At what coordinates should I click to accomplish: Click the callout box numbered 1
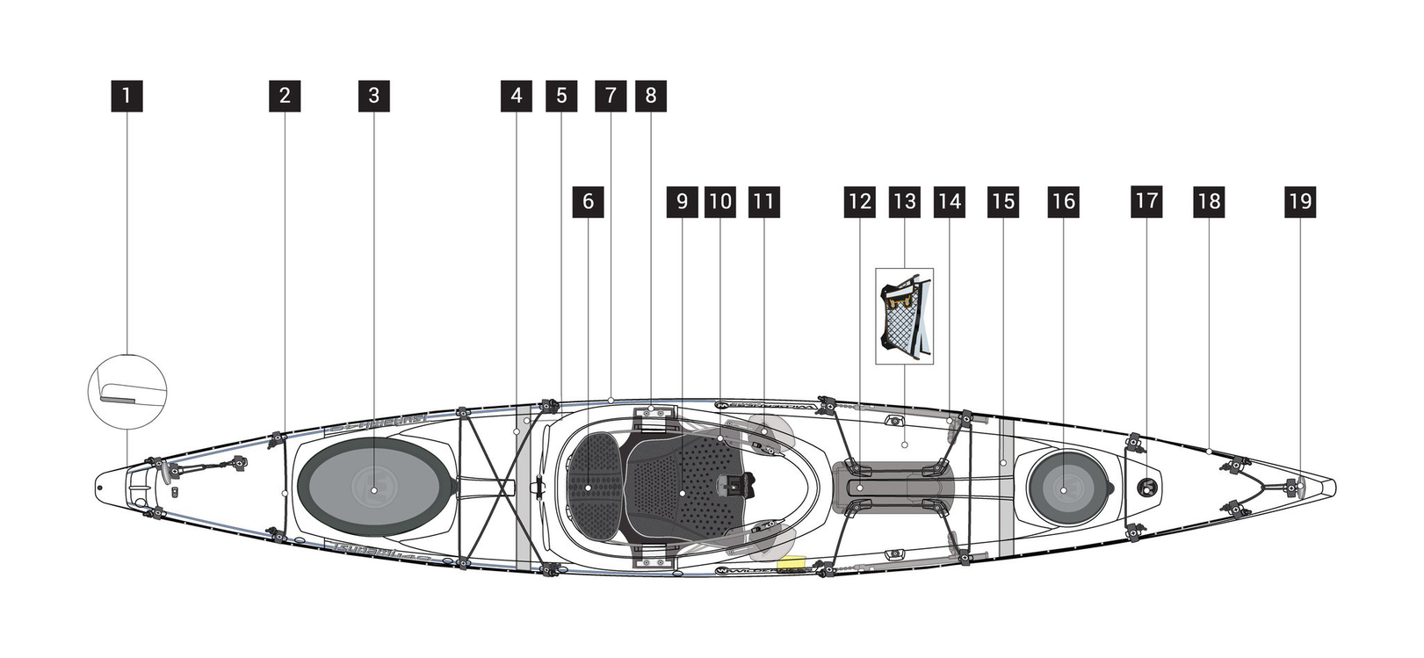126,96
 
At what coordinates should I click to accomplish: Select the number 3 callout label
373,96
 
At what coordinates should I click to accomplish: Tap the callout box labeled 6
588,202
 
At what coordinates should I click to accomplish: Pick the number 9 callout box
682,202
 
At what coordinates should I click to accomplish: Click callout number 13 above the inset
904,202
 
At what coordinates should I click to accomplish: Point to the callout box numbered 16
1063,202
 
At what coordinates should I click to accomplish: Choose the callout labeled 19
1299,202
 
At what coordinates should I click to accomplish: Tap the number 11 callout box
763,202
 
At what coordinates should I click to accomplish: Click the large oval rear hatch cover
373,488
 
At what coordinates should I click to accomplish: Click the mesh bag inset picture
904,316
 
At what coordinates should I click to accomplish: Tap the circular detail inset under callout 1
127,391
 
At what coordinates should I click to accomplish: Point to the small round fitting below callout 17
1146,486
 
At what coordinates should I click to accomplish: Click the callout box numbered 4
516,96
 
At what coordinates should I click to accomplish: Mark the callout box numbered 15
1002,202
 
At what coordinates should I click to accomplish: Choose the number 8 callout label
650,96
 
